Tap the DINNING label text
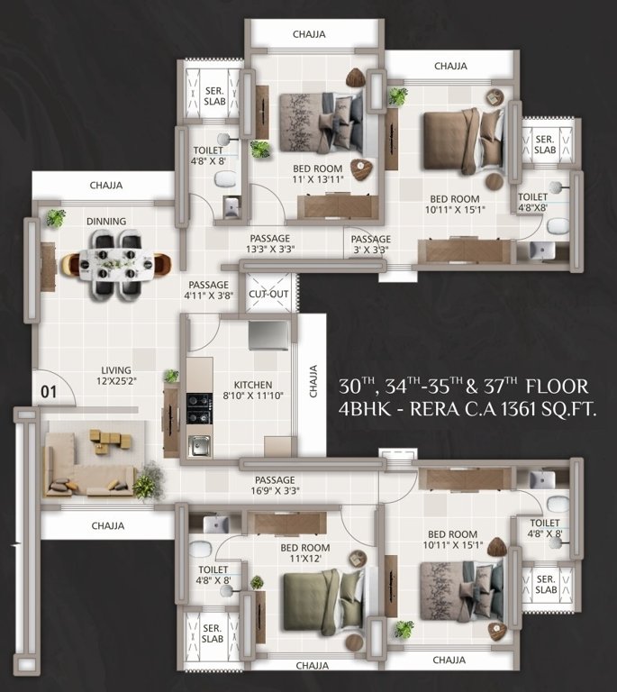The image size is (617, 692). pos(106,221)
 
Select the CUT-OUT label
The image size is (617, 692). pos(268,294)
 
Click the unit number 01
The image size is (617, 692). pos(48,392)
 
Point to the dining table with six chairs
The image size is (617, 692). pos(115,262)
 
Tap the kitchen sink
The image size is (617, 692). pos(199,444)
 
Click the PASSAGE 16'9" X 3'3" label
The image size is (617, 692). pos(276,486)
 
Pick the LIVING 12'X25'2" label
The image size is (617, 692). pos(116,376)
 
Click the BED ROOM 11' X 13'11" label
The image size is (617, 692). pos(318,174)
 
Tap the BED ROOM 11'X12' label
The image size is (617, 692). pos(304,553)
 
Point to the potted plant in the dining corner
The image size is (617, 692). pos(56,217)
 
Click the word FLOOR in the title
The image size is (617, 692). pos(557,387)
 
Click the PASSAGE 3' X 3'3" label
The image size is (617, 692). pos(369,244)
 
